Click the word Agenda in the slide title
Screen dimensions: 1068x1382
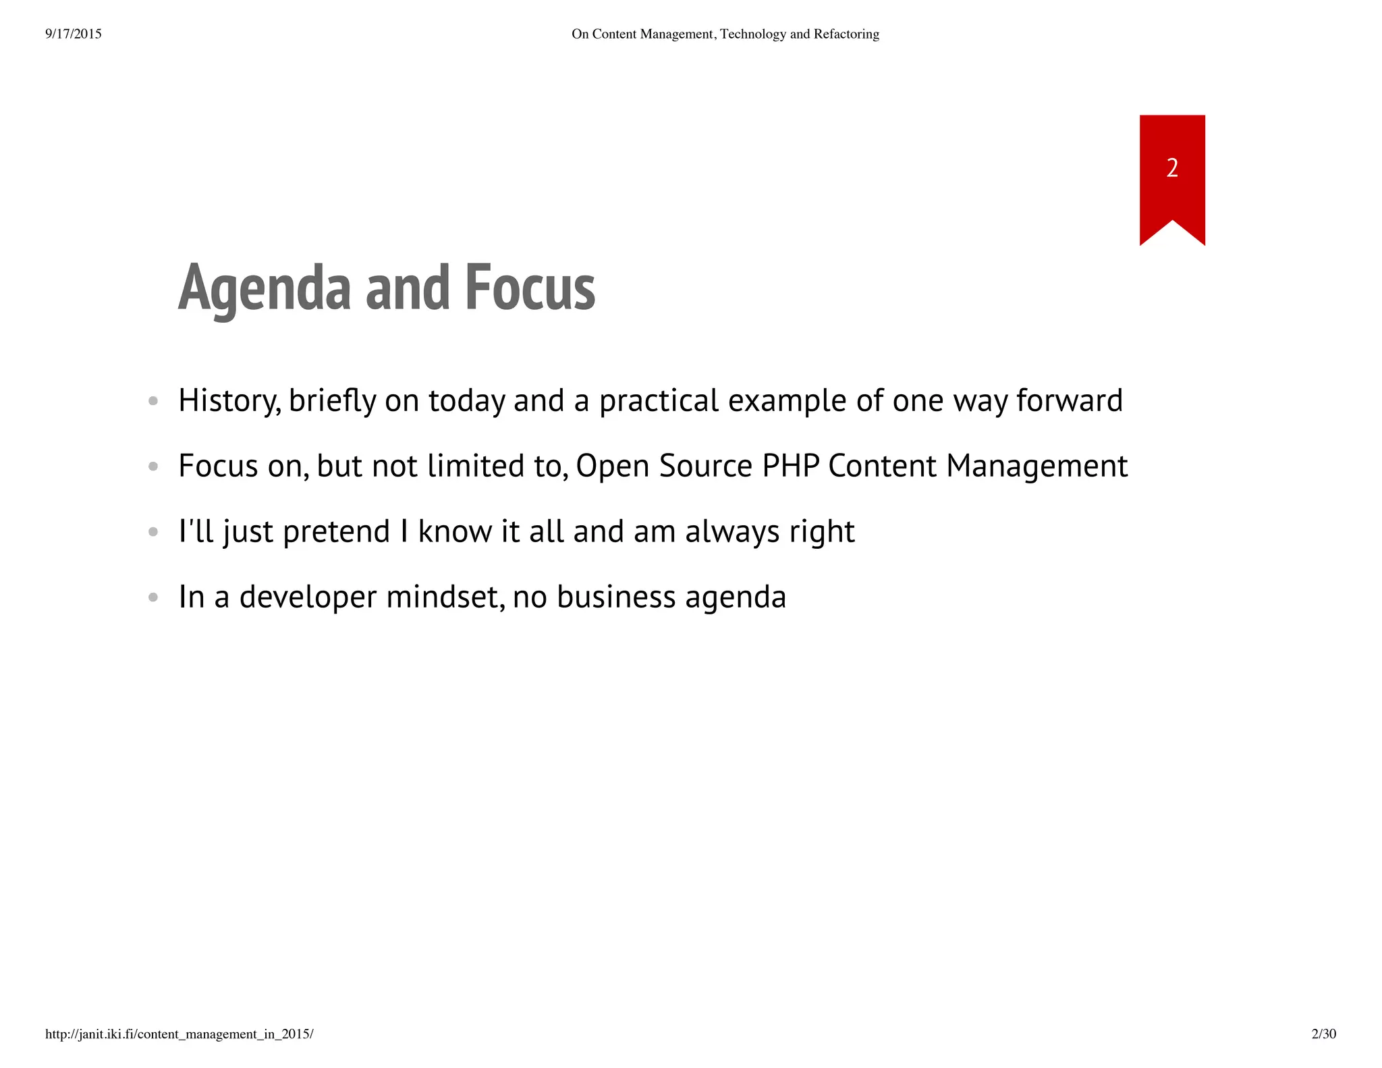265,289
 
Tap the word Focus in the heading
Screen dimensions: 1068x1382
530,289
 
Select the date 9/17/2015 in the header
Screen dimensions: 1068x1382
74,34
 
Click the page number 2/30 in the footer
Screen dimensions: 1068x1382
1323,1034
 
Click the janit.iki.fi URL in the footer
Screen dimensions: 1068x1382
179,1034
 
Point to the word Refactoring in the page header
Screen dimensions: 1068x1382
846,34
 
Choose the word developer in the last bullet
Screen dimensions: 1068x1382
308,597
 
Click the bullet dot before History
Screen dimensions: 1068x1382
153,401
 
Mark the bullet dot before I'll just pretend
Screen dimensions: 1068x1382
153,532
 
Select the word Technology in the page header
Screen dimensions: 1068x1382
753,34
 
